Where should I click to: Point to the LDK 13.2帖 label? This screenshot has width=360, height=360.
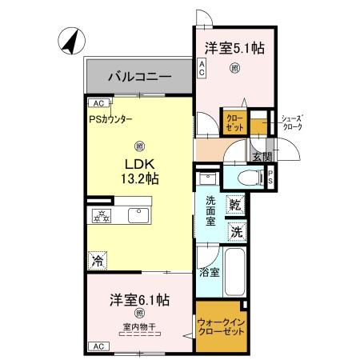139,170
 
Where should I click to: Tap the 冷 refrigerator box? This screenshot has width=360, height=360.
97,260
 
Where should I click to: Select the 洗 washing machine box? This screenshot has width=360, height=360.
235,232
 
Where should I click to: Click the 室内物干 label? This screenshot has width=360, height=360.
139,326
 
